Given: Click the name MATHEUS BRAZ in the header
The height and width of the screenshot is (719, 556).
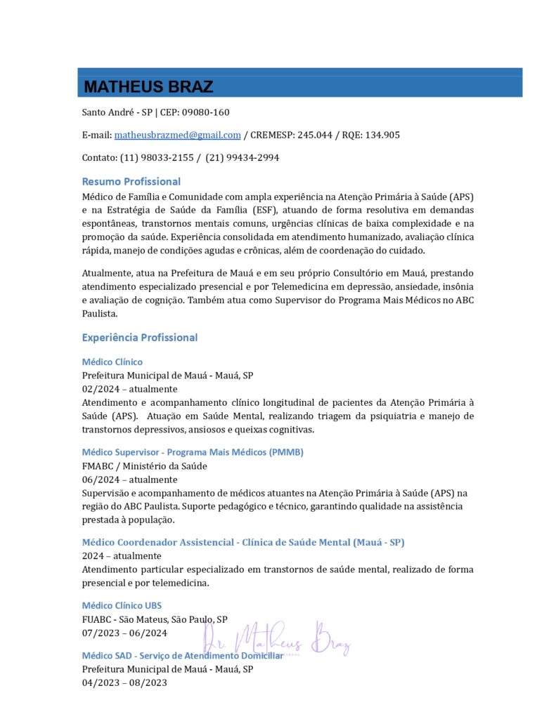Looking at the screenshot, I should click(x=148, y=86).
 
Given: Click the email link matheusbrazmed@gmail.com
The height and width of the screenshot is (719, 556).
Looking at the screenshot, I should click(x=178, y=135).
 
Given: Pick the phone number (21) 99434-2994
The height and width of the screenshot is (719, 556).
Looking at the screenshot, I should click(x=242, y=158).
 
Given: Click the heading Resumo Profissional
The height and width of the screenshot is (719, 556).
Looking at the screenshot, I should click(x=131, y=181).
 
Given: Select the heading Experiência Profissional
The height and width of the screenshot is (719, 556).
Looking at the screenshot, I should click(x=139, y=338).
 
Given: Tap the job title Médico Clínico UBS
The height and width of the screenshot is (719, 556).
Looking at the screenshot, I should click(x=122, y=605).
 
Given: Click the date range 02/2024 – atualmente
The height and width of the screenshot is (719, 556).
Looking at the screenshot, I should click(x=129, y=389).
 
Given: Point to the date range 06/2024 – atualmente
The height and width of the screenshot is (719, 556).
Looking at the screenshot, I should click(x=129, y=480).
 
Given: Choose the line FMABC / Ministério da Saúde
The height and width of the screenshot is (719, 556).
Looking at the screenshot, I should click(x=144, y=466).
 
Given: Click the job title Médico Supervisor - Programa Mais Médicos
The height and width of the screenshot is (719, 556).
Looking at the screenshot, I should click(x=193, y=452).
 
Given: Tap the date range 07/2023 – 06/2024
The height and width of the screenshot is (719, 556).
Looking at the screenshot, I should click(x=124, y=633).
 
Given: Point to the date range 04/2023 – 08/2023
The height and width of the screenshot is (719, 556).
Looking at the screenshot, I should click(x=124, y=682).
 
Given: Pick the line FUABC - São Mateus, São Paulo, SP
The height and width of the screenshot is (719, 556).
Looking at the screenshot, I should click(x=155, y=619).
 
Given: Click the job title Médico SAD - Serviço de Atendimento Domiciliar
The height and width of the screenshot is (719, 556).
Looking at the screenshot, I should click(x=183, y=656).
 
